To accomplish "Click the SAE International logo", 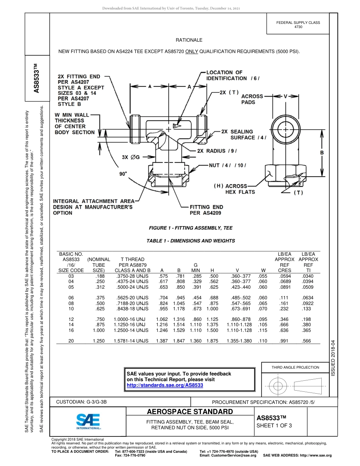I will tap(88, 421).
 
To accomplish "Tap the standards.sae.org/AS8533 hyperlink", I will tap(164, 385).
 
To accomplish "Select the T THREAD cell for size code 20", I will tap(131, 341).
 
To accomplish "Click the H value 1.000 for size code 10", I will tap(212, 309).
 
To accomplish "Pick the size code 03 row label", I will tap(70, 276).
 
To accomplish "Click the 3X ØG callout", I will tap(131, 157).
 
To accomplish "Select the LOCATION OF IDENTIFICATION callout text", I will tap(232, 75).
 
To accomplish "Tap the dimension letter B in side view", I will tap(322, 153).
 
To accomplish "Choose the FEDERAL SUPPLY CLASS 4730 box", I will tap(298, 25).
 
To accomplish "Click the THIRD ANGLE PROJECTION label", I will tap(295, 367).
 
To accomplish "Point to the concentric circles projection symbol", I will tap(278, 386).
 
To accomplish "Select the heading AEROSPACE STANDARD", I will tap(189, 412).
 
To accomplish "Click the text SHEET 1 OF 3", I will tap(274, 425).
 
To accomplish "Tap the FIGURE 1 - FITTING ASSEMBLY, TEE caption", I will tap(191, 228).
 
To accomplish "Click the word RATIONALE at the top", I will tap(189, 40).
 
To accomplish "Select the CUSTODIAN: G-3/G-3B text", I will tap(84, 402).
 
